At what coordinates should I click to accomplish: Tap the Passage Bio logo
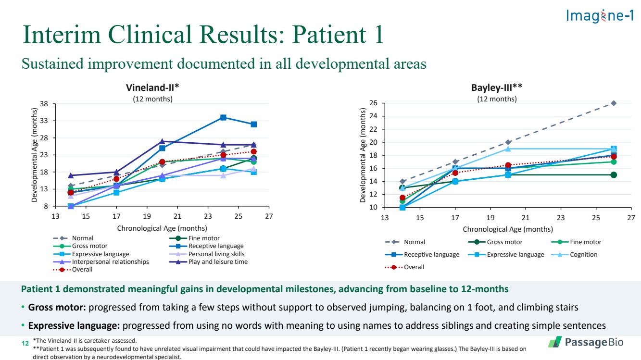point(585,342)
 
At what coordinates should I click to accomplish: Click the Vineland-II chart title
point(152,87)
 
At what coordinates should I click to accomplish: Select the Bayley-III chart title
point(497,87)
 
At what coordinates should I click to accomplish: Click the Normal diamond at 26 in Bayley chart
point(614,103)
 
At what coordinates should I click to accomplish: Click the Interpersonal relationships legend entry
point(110,262)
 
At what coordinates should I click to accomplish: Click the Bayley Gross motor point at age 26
point(614,175)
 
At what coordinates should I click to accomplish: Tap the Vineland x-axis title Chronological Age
point(162,228)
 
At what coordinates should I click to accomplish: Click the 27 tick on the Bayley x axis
point(631,218)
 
